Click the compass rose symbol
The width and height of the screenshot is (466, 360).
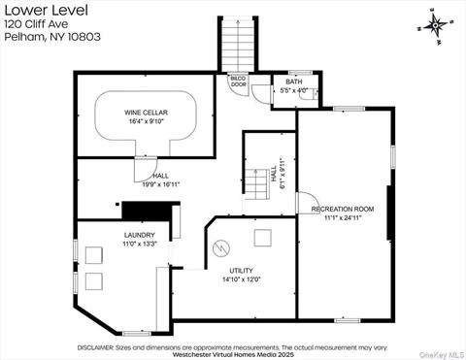436,25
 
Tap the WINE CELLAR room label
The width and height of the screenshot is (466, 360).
146,113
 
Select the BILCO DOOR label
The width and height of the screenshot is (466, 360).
239,82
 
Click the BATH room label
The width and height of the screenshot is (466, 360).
294,82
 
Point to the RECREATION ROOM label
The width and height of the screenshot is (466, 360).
343,209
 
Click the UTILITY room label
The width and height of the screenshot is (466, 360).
241,271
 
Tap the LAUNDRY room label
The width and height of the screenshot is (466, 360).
140,235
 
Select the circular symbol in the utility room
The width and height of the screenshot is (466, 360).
221,248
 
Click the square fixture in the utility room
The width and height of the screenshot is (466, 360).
262,238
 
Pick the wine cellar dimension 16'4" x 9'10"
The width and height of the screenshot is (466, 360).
146,121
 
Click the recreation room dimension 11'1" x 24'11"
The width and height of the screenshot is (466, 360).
343,217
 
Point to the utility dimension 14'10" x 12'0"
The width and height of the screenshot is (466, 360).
242,279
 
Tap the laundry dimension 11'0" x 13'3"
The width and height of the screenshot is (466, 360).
140,244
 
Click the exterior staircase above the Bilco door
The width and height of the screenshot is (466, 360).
238,45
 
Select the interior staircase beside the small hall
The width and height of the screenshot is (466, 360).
256,184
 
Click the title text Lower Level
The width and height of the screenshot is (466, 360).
46,11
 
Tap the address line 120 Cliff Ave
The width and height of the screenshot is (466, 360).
36,24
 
